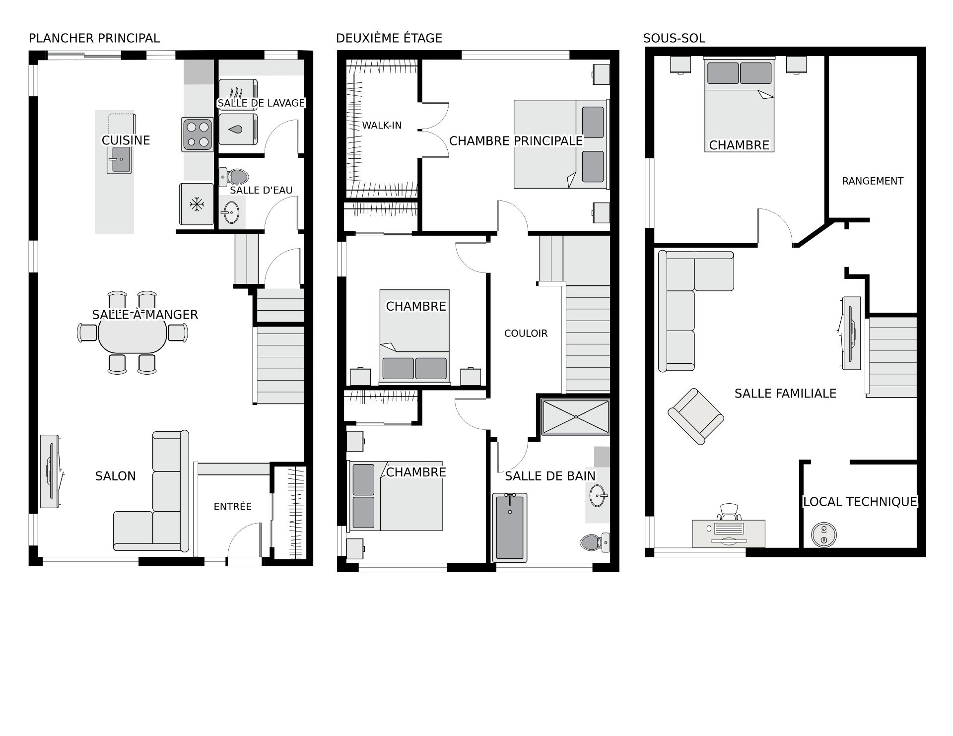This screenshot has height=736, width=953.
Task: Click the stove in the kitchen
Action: point(198,134)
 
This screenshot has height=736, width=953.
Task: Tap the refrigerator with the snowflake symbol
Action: point(197,204)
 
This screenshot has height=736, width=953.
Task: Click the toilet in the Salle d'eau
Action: point(234,177)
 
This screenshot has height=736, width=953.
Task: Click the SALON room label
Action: point(116,476)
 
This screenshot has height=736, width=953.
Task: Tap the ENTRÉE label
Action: point(233,506)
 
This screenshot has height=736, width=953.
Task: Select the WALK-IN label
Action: point(382,125)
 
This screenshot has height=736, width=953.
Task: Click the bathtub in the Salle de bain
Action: point(510,528)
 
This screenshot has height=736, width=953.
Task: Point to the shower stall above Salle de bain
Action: point(575,417)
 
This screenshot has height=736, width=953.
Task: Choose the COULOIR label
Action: point(526,334)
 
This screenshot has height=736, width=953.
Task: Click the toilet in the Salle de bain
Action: point(595,542)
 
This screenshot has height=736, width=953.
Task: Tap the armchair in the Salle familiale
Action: point(695,416)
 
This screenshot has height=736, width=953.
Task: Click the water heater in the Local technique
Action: point(824,535)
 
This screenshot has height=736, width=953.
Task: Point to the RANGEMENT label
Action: point(873,181)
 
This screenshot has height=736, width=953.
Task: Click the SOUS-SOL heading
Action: point(674,38)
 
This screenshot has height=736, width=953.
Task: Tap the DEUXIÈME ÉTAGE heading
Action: point(389,38)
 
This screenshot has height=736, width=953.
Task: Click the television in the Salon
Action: point(52,471)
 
